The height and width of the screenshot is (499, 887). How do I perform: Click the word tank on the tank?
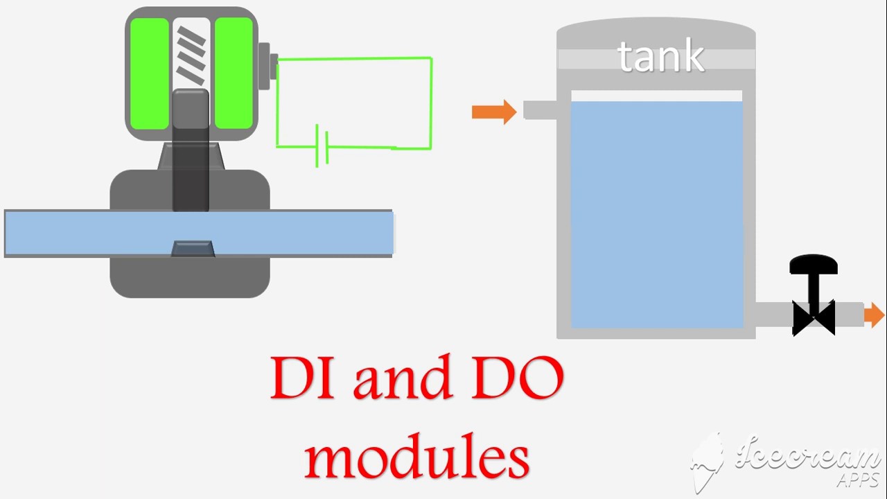tap(661, 56)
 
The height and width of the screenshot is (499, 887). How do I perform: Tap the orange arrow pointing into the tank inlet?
tap(494, 112)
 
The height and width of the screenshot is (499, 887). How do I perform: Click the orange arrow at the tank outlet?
tap(874, 315)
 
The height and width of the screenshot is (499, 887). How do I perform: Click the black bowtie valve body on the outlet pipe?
tap(814, 317)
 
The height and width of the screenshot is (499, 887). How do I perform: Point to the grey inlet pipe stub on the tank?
tap(540, 110)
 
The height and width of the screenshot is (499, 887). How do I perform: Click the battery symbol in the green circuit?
tap(322, 146)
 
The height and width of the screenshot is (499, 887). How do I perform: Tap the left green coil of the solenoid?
tap(149, 73)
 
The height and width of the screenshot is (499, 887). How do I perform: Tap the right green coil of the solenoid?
tap(234, 73)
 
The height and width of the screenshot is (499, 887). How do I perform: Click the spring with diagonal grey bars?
tap(191, 55)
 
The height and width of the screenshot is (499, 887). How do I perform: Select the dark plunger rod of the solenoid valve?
tap(191, 150)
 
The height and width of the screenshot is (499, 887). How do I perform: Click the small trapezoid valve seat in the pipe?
tap(193, 249)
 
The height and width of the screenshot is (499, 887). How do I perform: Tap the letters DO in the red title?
tap(517, 378)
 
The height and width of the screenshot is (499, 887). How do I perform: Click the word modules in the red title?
tap(417, 455)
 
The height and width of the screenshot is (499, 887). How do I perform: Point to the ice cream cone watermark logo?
tap(708, 464)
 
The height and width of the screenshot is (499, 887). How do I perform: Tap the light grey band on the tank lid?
tap(656, 59)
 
